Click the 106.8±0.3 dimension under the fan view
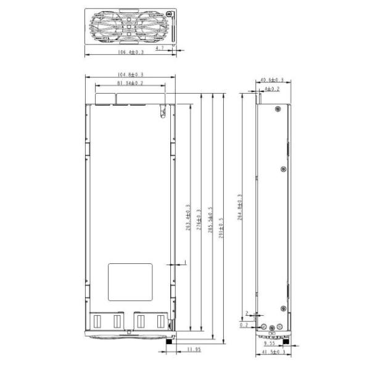(x=130, y=53)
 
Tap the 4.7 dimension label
(x=160, y=47)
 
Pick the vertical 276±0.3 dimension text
(x=199, y=219)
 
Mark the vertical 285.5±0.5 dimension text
(x=210, y=219)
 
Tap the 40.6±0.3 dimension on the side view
(x=272, y=80)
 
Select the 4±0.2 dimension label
(x=272, y=89)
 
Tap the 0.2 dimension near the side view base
(x=244, y=324)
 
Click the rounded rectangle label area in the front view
(x=130, y=282)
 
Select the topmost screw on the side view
(x=279, y=109)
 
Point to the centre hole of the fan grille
(x=128, y=26)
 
